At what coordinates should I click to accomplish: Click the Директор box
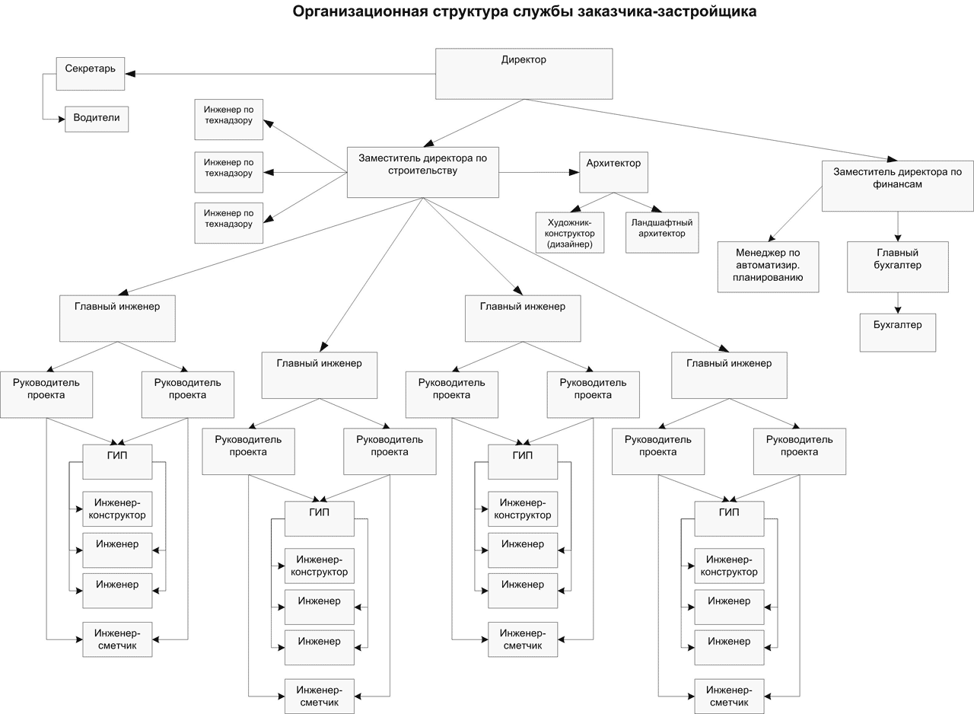point(524,74)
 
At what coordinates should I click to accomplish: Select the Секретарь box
point(90,74)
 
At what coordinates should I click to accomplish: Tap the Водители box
point(97,119)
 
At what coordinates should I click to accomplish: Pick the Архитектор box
point(613,172)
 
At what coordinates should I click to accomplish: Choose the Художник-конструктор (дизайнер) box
point(570,232)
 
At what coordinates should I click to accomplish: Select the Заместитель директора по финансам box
point(897,185)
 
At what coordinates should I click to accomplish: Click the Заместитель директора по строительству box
point(422,172)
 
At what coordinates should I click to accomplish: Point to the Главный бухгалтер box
point(897,266)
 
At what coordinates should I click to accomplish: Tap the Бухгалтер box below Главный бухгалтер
point(897,332)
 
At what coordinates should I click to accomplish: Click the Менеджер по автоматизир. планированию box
point(768,266)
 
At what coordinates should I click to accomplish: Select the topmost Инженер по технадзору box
point(228,119)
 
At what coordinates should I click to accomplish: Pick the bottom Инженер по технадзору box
point(228,223)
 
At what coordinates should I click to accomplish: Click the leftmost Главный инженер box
point(117,317)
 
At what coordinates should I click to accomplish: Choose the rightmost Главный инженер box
point(728,375)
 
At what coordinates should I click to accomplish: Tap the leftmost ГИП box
point(117,461)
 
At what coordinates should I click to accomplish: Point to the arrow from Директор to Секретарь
point(282,74)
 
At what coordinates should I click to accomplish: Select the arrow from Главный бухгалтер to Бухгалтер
point(898,303)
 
